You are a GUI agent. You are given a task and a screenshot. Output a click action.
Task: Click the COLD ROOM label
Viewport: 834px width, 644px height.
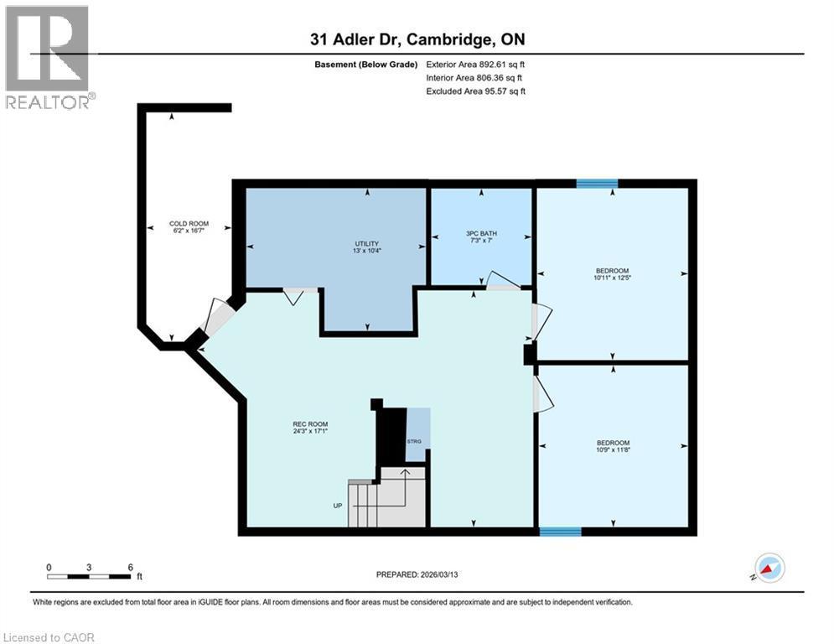coord(189,224)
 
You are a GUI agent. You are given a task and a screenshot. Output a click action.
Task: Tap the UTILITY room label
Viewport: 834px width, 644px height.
coord(367,244)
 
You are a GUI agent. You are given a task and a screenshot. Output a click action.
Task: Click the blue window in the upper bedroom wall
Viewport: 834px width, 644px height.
coord(597,183)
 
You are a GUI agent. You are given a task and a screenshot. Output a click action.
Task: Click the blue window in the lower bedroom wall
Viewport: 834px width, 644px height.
coord(560,531)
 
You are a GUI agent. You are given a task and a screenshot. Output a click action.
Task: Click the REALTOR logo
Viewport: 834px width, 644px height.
coord(48,57)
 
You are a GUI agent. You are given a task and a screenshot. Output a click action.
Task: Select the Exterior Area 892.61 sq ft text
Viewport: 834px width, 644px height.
coord(475,64)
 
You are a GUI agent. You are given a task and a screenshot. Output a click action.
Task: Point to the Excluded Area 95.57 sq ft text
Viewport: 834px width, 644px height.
coord(475,91)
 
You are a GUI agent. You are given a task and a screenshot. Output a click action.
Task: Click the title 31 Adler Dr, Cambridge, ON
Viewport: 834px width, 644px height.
coord(417,39)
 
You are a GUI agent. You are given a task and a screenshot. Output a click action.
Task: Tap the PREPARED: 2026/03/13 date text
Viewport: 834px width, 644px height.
coord(417,574)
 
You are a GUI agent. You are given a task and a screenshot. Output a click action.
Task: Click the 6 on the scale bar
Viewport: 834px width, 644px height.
coord(130,567)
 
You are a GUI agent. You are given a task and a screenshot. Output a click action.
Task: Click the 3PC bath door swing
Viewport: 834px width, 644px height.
coord(501,281)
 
